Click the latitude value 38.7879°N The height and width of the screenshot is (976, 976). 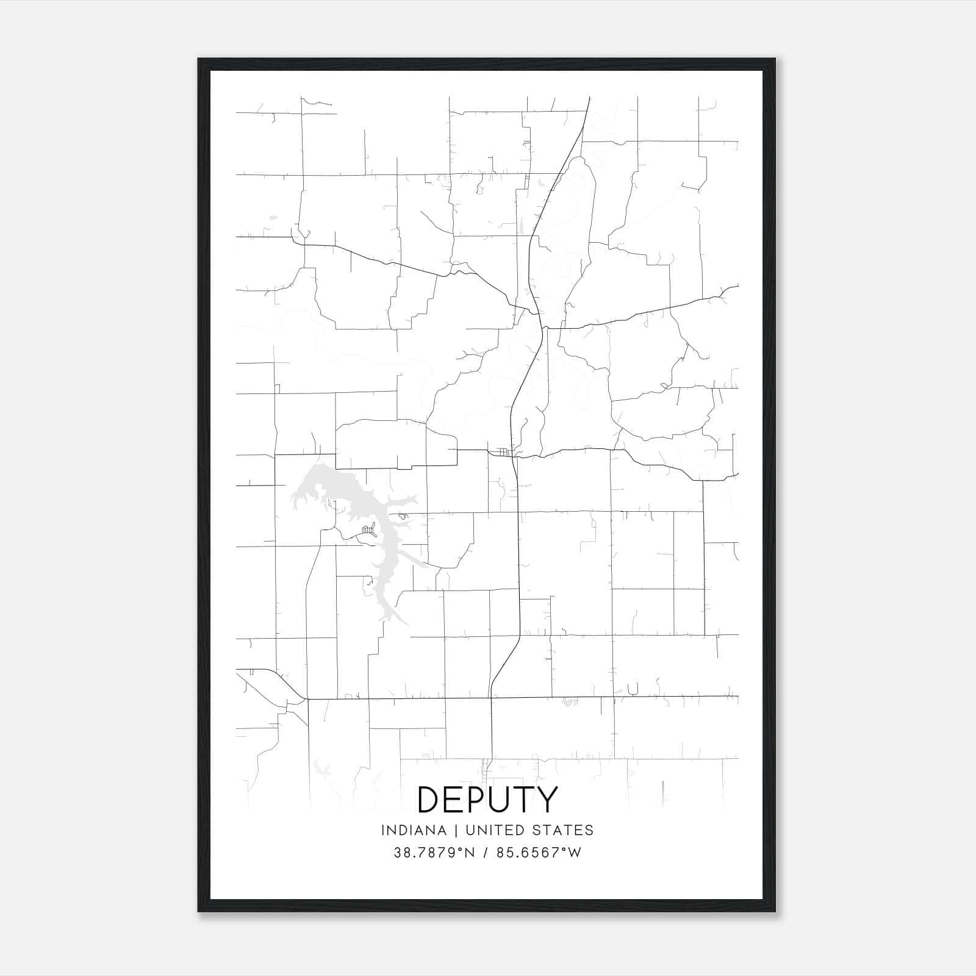click(x=434, y=853)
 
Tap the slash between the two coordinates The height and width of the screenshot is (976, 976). click(x=486, y=853)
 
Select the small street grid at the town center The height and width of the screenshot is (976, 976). click(x=502, y=452)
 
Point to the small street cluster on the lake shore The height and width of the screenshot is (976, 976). click(x=368, y=529)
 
